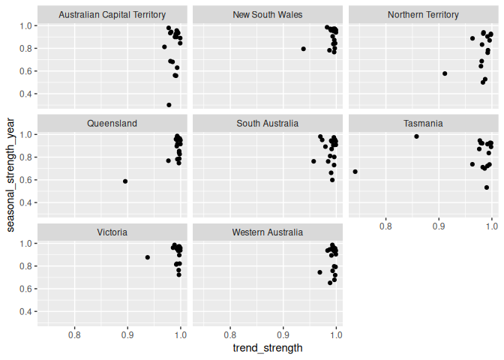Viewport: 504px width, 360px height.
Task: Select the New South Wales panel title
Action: (268, 14)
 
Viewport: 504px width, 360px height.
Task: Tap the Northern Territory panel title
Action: (424, 14)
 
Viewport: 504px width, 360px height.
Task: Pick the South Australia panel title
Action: (268, 123)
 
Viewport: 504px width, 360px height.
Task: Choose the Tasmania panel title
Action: (424, 123)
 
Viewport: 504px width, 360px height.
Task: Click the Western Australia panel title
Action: (268, 232)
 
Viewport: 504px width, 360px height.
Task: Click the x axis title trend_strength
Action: (268, 348)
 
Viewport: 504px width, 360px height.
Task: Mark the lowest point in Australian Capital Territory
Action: (169, 105)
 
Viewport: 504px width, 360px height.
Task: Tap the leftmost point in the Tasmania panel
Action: (355, 172)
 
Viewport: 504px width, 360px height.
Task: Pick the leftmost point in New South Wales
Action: (304, 49)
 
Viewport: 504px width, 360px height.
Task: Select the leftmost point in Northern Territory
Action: (445, 73)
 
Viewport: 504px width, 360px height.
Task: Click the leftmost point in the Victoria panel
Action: (148, 257)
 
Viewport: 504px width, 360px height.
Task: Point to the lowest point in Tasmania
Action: (487, 187)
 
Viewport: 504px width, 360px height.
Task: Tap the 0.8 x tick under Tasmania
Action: (385, 225)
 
